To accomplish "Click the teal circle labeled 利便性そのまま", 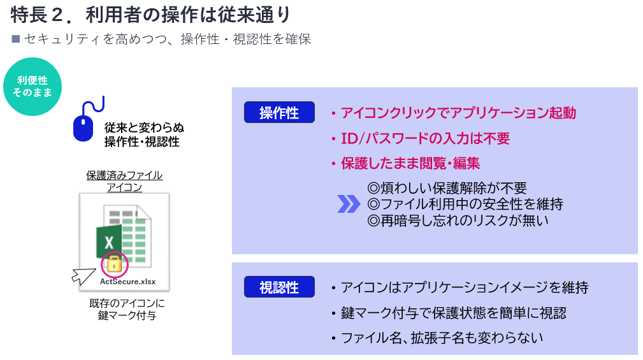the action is (33, 87).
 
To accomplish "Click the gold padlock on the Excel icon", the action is (115, 264).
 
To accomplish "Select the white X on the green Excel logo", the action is (109, 242).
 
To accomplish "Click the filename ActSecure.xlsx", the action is (128, 281).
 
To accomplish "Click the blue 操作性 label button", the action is (279, 112).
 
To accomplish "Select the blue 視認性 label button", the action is (279, 287).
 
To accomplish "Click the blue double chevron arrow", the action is (349, 204).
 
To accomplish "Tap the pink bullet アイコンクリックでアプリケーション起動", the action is (458, 113).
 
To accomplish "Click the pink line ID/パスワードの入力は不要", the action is (425, 139).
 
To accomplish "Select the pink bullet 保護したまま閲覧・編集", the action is (410, 163).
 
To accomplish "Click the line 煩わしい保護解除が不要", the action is (447, 188).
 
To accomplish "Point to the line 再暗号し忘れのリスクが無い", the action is (458, 220).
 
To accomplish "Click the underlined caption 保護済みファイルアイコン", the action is (124, 181).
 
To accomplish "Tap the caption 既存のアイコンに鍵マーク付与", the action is (127, 309).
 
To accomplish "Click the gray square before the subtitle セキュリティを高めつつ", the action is (16, 39).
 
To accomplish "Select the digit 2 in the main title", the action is (57, 15).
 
